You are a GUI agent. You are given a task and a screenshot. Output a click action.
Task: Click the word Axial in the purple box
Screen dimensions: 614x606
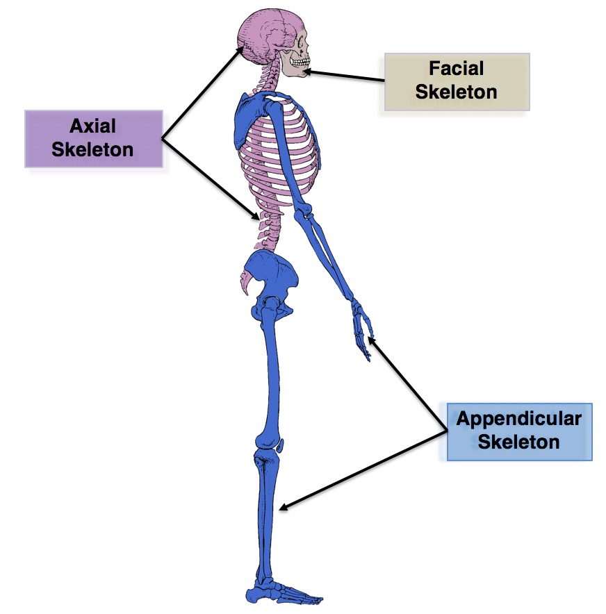point(93,126)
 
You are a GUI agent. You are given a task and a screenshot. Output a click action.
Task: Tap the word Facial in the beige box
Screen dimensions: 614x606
point(457,69)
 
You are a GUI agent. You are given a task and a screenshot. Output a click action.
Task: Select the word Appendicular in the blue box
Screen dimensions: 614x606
point(518,419)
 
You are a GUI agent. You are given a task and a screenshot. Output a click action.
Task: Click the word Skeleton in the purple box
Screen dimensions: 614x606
point(93,149)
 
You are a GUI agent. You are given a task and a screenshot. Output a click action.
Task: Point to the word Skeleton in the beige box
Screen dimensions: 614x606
point(457,91)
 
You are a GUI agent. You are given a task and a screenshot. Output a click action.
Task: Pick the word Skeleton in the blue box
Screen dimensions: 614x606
point(518,442)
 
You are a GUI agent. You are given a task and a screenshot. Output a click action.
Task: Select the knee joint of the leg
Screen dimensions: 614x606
point(267,445)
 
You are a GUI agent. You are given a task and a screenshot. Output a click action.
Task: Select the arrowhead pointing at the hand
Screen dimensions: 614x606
point(371,339)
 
